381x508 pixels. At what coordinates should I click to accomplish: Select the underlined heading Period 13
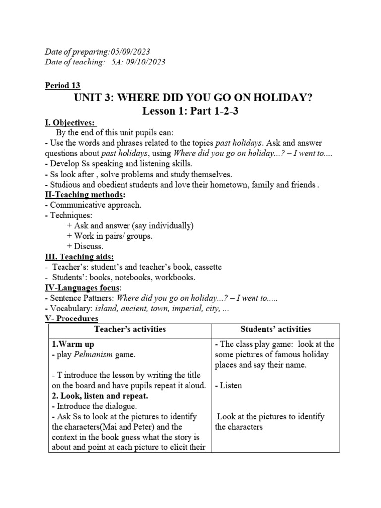coord(63,85)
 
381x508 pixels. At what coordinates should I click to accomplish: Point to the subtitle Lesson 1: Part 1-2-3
coord(190,111)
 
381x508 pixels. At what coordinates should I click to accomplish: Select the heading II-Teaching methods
coord(84,194)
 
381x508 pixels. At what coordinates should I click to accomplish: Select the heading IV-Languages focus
coord(82,288)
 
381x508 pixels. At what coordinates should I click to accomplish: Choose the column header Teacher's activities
coord(130,329)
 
